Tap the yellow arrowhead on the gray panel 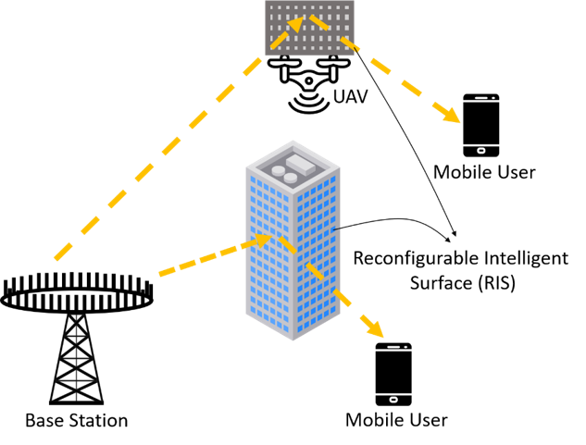pos(295,24)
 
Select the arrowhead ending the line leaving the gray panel pos(451,117)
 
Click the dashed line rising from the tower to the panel pos(157,158)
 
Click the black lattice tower pos(76,362)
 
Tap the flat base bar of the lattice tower pos(76,402)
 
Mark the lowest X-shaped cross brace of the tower pos(76,392)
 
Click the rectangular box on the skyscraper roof pos(301,164)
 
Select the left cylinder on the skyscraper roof pos(278,171)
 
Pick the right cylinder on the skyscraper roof pos(291,178)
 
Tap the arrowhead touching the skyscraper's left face pos(263,240)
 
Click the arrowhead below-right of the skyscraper pos(375,330)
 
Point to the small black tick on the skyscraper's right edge pos(337,229)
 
